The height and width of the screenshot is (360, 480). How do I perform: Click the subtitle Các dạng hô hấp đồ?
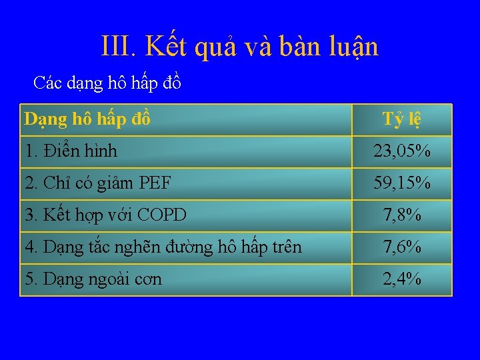pyautogui.click(x=107, y=83)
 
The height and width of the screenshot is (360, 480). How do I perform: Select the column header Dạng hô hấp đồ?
pyautogui.click(x=87, y=119)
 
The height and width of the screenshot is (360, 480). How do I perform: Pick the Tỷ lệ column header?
pyautogui.click(x=401, y=119)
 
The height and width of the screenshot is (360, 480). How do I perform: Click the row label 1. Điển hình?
pyautogui.click(x=71, y=151)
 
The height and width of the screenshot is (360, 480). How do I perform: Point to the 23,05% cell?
pyautogui.click(x=401, y=151)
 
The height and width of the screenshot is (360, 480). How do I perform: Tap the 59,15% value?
pyautogui.click(x=401, y=183)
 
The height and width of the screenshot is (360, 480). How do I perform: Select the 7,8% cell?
pyautogui.click(x=401, y=215)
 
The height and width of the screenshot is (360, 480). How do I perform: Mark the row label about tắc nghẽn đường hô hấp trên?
pyautogui.click(x=163, y=247)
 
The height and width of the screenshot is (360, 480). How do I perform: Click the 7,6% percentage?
pyautogui.click(x=401, y=247)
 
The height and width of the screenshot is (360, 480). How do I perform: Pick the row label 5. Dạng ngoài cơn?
pyautogui.click(x=93, y=279)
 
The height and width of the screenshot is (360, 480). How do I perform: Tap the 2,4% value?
pyautogui.click(x=401, y=279)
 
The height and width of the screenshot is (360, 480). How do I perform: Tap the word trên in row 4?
pyautogui.click(x=286, y=247)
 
